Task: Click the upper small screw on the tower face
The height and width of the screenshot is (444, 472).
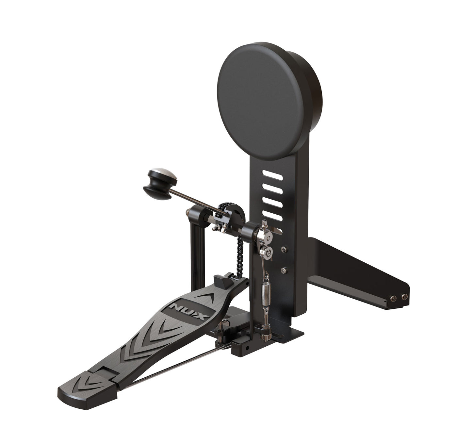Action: [284, 250]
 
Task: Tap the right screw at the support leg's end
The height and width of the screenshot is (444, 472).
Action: [404, 297]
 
